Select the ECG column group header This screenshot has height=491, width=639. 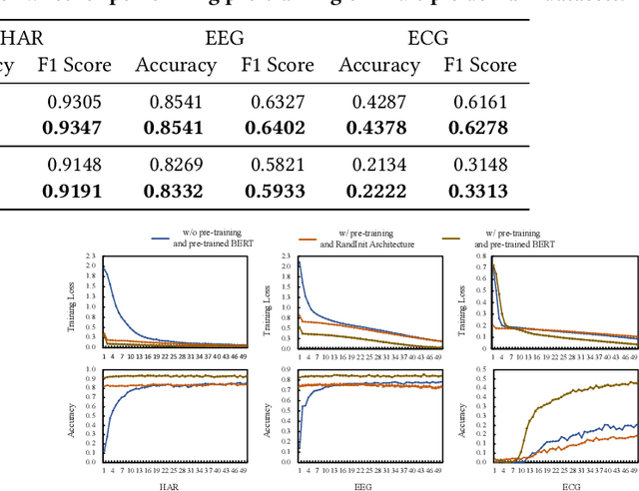(427, 40)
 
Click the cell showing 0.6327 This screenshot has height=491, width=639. (277, 102)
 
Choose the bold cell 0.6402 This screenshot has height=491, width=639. (275, 128)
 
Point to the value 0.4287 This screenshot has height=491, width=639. (378, 102)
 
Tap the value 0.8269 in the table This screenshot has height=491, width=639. (176, 165)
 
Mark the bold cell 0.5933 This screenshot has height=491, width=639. (275, 191)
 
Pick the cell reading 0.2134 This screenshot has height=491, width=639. (378, 165)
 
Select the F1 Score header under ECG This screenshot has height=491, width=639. (480, 66)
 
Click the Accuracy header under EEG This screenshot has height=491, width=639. (176, 66)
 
